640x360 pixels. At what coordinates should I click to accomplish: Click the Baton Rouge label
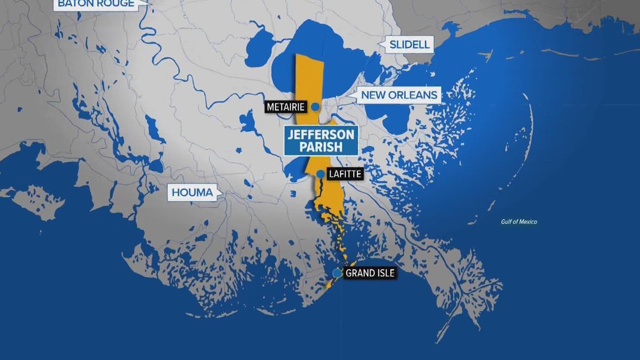coord(95,4)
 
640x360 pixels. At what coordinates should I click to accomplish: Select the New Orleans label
coord(399,95)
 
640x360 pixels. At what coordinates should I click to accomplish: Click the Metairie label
coord(286,107)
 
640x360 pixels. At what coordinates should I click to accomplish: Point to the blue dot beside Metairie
coord(316,107)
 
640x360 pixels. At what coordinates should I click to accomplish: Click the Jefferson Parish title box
coord(321,140)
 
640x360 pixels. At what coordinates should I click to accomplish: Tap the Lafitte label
coord(345,175)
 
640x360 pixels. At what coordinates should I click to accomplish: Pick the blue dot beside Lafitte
coord(319,175)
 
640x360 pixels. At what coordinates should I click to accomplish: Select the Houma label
coord(193,193)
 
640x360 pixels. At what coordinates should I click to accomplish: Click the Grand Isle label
coord(370,274)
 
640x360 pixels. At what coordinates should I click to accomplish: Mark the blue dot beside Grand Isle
coord(337,273)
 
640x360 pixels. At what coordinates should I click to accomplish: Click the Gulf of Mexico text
coord(519,222)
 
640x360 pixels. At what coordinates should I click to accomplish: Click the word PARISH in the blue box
coord(321,147)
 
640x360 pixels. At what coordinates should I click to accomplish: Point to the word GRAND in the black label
coord(360,274)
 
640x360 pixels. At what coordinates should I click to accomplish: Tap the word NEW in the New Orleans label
coord(372,95)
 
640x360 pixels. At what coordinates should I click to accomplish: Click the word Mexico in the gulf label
coord(527,222)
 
